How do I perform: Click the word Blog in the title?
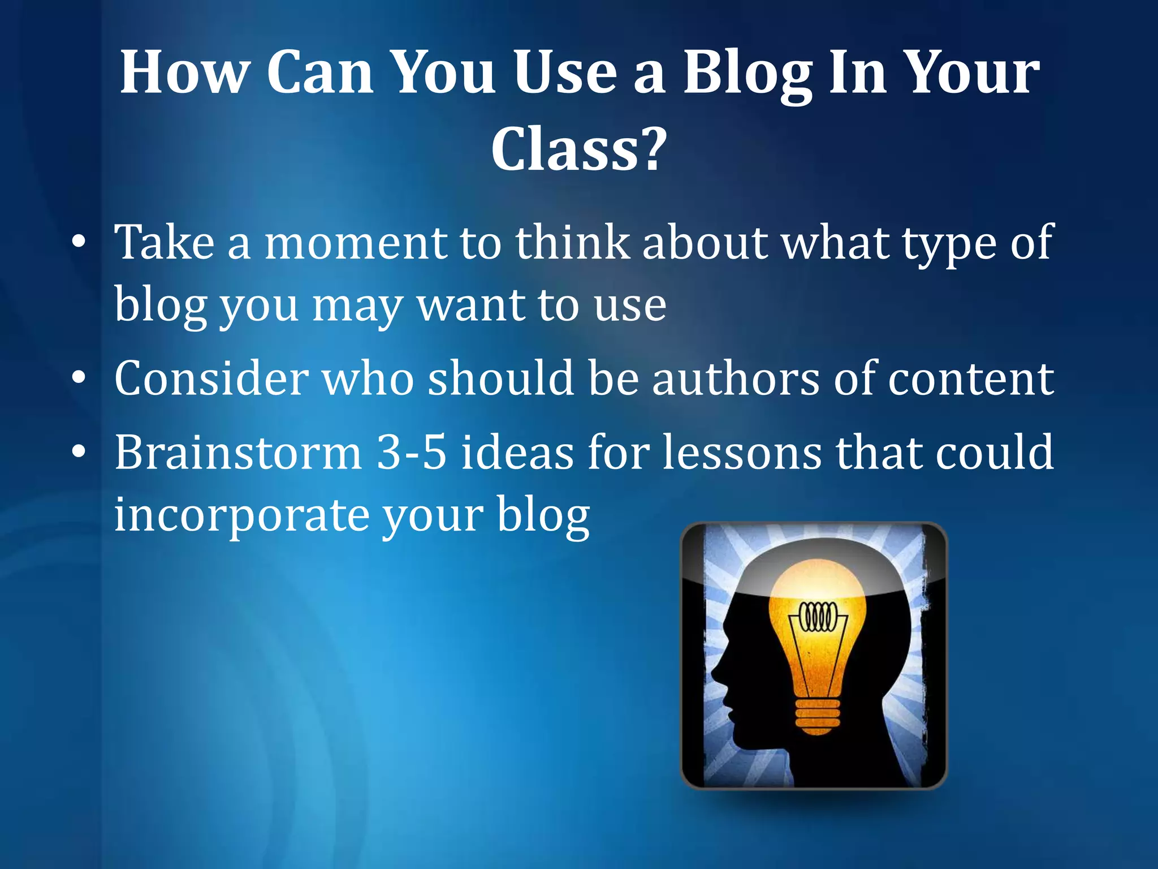pos(747,74)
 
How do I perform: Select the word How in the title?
pos(185,74)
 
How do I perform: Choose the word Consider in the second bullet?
pos(211,378)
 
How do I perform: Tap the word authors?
pos(736,378)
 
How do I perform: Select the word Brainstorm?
pos(238,452)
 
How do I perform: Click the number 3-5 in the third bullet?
pos(412,452)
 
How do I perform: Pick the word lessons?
pos(742,452)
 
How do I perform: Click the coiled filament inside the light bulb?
pos(816,616)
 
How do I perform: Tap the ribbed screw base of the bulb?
pos(816,715)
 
